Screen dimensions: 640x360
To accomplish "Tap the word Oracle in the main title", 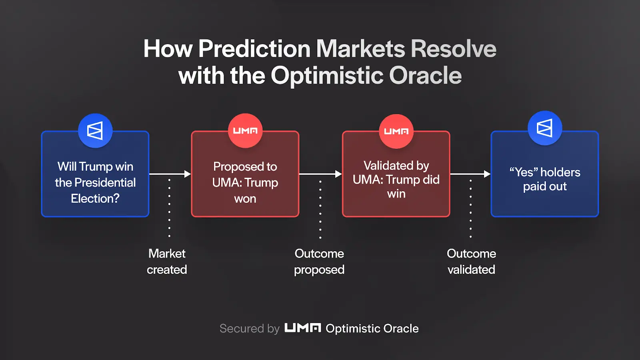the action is tap(426, 76).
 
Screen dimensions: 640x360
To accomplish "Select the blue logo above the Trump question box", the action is tap(95, 130).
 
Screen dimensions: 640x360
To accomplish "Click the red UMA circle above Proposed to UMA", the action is tap(245, 130).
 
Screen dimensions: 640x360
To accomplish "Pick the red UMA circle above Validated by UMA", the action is tap(396, 131).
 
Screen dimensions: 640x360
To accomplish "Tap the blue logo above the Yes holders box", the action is tap(545, 128).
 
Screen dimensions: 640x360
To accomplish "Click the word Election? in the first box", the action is tap(95, 198).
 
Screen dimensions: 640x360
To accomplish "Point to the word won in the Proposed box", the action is tap(245, 199).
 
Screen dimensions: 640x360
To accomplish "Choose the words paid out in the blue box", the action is tap(545, 186).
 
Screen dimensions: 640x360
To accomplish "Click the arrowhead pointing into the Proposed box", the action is tap(188, 174).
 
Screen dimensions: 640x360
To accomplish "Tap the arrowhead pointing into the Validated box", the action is tap(338, 174).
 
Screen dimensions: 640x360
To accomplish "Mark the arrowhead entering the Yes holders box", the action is tap(487, 174).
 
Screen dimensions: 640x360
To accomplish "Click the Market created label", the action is tap(167, 262).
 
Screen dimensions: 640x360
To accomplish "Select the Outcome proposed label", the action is tap(319, 262).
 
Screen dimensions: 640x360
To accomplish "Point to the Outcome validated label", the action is tap(472, 262).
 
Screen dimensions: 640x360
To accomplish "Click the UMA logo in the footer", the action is tap(302, 328).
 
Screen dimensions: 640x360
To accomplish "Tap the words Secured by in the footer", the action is tap(250, 329).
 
